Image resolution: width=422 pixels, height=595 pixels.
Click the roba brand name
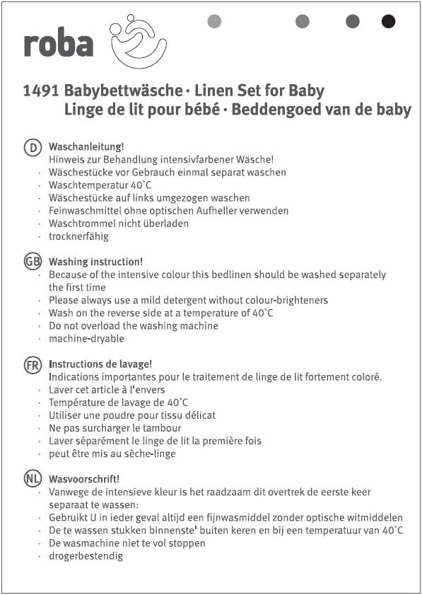point(58,44)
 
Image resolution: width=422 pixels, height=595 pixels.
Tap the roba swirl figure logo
point(139,40)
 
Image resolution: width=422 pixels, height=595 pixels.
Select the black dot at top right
point(388,21)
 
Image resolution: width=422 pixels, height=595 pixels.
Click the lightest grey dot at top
point(214,21)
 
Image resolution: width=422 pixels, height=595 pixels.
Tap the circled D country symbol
point(33,147)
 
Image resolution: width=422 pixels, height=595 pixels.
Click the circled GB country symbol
point(33,262)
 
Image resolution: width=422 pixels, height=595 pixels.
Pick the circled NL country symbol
point(33,479)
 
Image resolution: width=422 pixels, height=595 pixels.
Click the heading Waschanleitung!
point(86,147)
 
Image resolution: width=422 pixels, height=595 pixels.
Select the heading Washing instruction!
point(95,262)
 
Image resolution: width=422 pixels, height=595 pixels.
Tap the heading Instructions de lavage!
point(100,364)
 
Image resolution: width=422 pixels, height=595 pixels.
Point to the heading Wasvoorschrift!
point(84,479)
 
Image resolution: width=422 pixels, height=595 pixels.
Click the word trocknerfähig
point(78,236)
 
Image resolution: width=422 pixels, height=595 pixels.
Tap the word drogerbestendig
point(86,556)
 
